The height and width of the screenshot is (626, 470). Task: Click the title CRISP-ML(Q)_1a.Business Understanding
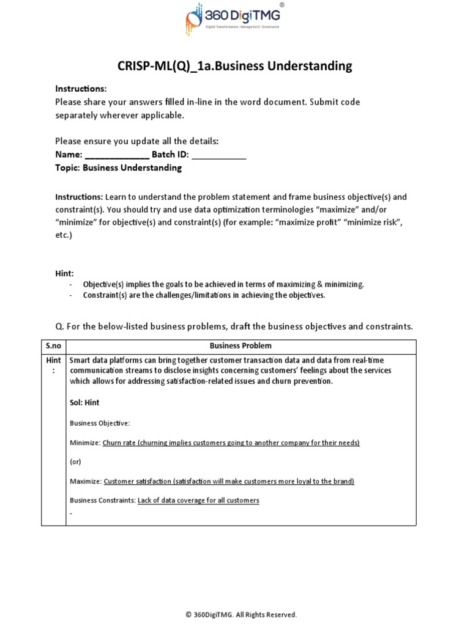click(234, 66)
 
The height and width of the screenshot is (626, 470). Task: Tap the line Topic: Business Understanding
click(118, 168)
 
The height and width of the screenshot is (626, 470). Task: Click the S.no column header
click(53, 346)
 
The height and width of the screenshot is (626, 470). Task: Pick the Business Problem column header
click(241, 346)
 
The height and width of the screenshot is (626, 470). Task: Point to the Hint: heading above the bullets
click(64, 273)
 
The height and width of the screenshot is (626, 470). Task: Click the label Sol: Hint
click(84, 403)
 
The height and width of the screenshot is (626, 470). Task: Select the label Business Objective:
click(100, 423)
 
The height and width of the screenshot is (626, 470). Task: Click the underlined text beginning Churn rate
click(231, 443)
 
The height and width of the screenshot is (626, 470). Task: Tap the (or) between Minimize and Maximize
click(75, 462)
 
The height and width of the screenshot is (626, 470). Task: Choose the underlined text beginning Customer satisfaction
click(229, 481)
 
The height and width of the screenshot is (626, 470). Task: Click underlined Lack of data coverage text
click(198, 500)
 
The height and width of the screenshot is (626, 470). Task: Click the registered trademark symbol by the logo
click(281, 4)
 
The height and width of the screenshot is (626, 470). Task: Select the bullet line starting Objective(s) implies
click(223, 284)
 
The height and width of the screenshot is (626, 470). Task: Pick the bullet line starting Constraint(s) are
click(204, 295)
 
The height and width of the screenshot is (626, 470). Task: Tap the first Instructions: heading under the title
click(81, 89)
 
